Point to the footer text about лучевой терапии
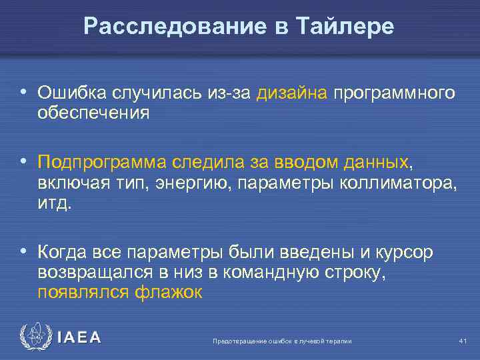click(281, 341)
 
